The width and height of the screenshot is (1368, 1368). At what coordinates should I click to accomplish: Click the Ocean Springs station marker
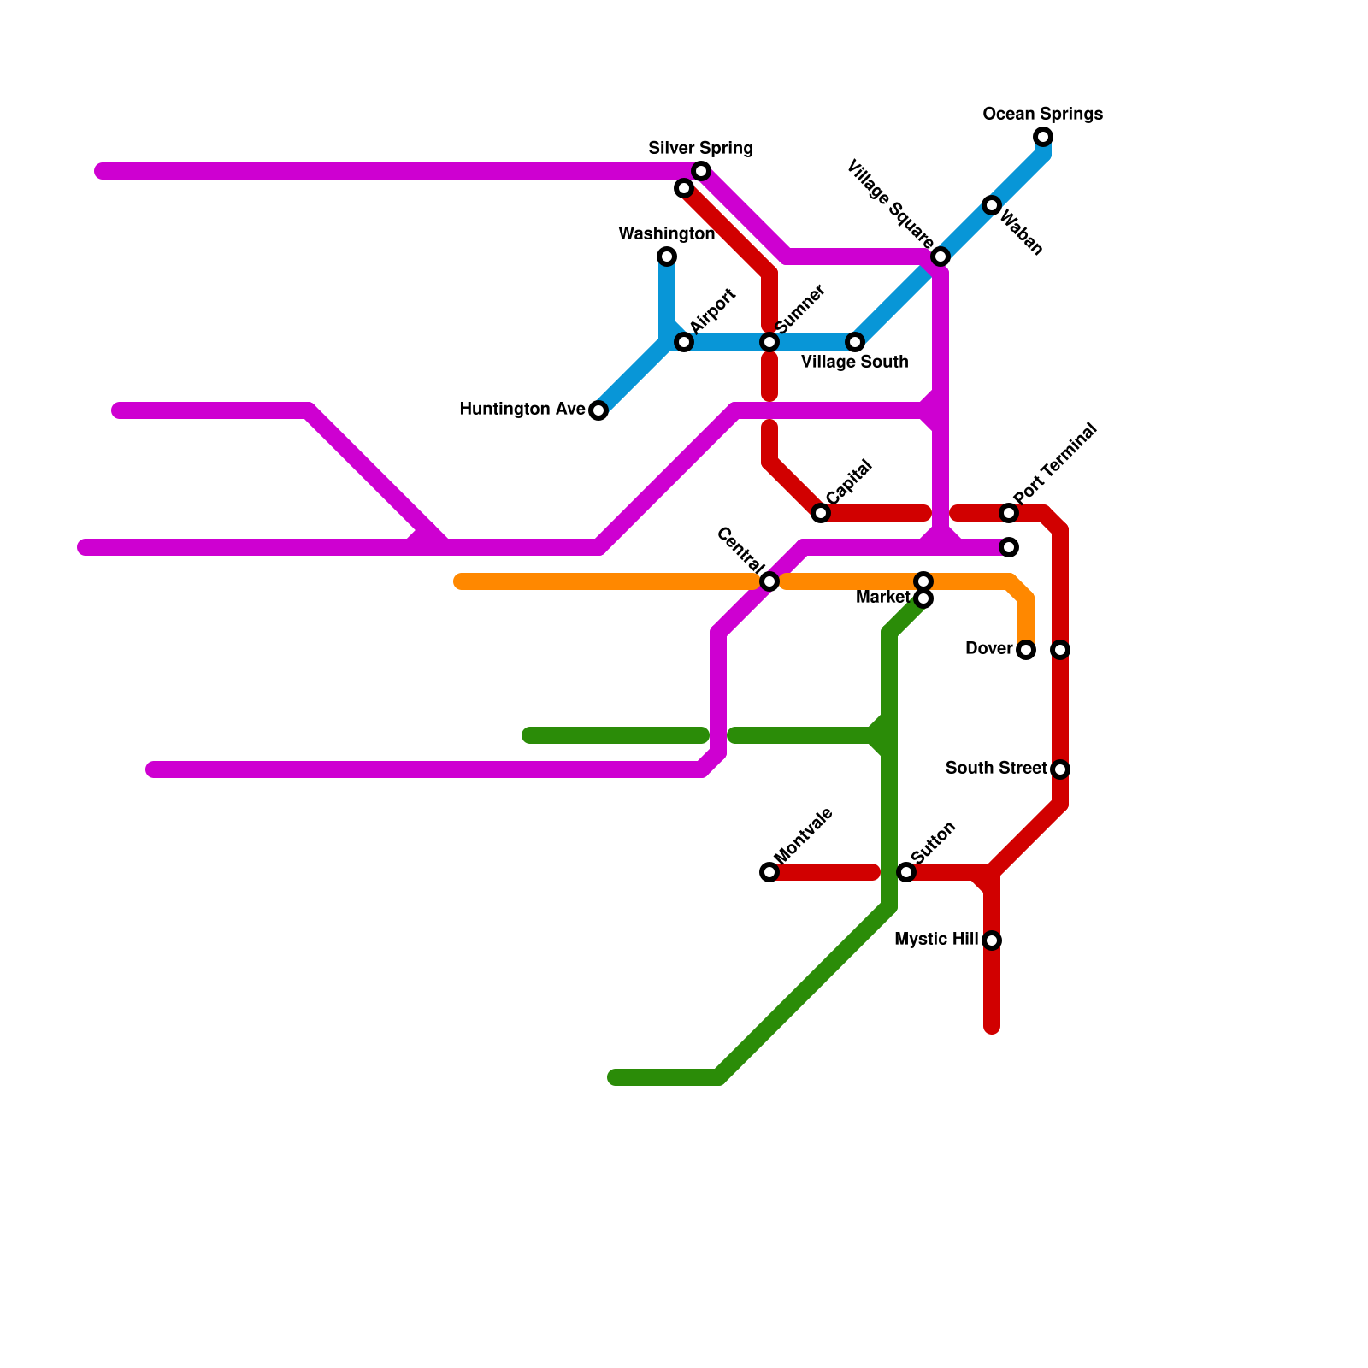[x=1043, y=137]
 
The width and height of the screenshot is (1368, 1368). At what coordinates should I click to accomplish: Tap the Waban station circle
[x=992, y=205]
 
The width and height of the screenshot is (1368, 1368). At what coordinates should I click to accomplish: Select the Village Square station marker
[x=940, y=256]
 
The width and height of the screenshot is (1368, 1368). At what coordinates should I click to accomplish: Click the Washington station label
[x=666, y=233]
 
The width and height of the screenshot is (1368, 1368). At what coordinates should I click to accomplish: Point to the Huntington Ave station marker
[x=598, y=410]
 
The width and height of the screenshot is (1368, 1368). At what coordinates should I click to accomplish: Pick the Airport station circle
[x=684, y=342]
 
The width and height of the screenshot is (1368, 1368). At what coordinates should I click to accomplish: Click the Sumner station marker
[x=769, y=342]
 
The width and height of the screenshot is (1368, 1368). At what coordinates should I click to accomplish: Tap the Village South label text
[x=854, y=362]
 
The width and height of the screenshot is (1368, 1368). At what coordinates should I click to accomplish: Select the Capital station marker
[x=821, y=513]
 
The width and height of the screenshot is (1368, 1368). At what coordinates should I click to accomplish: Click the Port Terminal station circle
[x=1009, y=513]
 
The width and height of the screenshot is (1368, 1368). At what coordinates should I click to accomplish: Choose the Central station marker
[x=769, y=581]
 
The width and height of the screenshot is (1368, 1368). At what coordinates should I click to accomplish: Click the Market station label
[x=882, y=597]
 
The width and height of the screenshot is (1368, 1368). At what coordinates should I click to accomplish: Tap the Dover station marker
[x=1026, y=650]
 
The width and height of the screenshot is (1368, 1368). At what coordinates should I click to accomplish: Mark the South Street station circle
[x=1060, y=769]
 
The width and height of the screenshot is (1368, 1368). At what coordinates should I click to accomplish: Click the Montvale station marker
[x=769, y=872]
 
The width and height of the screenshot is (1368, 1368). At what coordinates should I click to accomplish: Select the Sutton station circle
[x=906, y=872]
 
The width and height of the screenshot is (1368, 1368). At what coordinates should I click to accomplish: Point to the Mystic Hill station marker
[x=992, y=940]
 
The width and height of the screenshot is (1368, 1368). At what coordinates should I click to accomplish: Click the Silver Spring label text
[x=700, y=148]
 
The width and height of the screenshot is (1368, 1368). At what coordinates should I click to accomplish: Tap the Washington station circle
[x=667, y=256]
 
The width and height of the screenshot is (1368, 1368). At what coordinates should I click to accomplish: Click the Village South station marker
[x=855, y=342]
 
